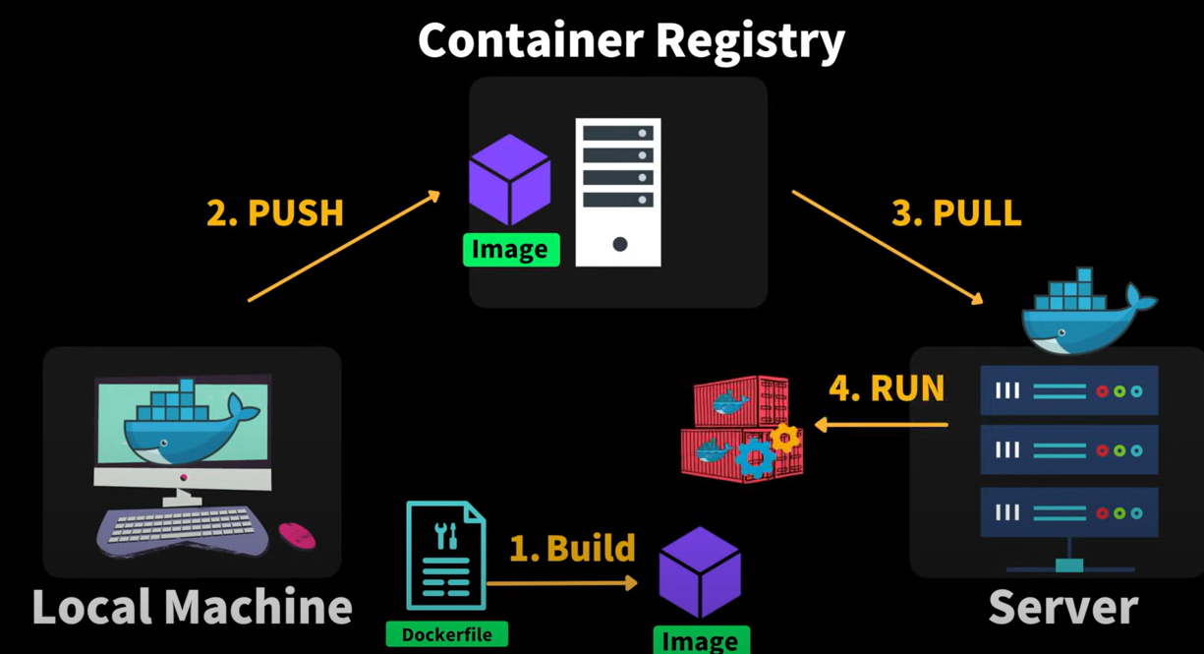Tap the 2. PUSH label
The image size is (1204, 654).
(275, 213)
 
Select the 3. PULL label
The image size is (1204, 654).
(956, 213)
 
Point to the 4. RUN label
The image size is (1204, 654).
(887, 387)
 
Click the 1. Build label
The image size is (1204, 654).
(572, 548)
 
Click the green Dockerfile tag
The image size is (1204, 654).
(446, 634)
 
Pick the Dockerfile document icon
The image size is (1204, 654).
(446, 556)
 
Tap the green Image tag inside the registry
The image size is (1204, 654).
(511, 250)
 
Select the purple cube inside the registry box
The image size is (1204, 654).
(509, 180)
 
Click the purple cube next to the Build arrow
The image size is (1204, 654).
(700, 572)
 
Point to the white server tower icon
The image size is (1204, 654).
(618, 192)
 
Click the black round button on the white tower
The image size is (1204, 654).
(620, 245)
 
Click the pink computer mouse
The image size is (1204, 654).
(297, 536)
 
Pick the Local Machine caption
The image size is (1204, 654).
(192, 607)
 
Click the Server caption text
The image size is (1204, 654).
(1063, 607)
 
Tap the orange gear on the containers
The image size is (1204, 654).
(784, 439)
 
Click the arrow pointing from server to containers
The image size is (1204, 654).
(882, 425)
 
